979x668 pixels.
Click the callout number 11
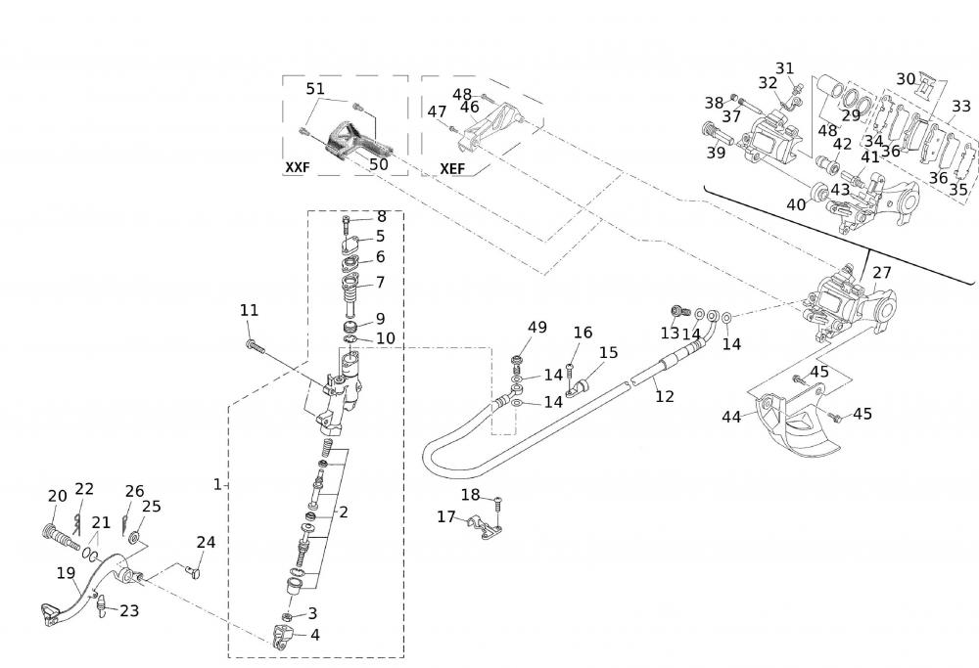pyautogui.click(x=250, y=310)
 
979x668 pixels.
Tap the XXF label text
pyautogui.click(x=297, y=167)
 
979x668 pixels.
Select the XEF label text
pyautogui.click(x=452, y=167)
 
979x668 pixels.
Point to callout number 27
pyautogui.click(x=882, y=273)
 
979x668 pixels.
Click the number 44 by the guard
pyautogui.click(x=731, y=417)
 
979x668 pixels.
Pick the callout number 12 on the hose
pyautogui.click(x=665, y=397)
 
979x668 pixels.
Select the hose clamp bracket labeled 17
pyautogui.click(x=484, y=529)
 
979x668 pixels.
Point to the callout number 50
pyautogui.click(x=378, y=164)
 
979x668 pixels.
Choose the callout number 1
pyautogui.click(x=217, y=485)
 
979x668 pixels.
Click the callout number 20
pyautogui.click(x=57, y=496)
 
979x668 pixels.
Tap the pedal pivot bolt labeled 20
pyautogui.click(x=60, y=535)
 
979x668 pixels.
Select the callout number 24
pyautogui.click(x=206, y=542)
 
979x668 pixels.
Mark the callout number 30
pyautogui.click(x=906, y=79)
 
